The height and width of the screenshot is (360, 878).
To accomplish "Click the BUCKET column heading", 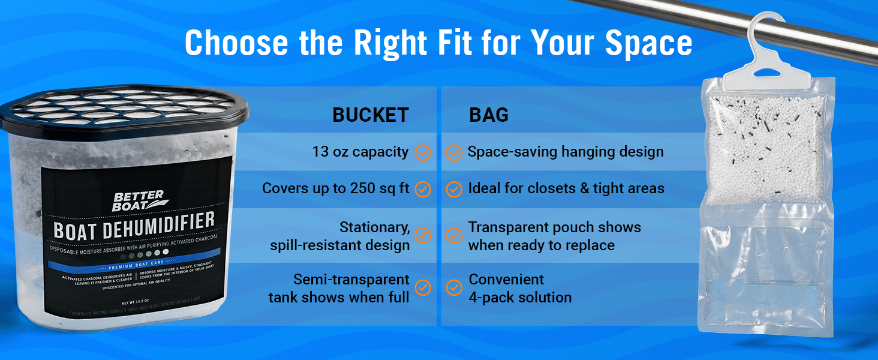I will [x=370, y=115].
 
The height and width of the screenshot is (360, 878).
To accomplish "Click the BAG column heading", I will [x=488, y=115].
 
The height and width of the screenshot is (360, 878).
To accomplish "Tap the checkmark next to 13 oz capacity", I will [x=423, y=152].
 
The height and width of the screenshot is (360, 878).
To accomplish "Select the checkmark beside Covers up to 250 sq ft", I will [x=423, y=189].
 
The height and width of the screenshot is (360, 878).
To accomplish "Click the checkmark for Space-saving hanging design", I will [x=454, y=152].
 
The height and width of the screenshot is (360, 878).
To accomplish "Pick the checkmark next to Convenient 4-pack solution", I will [x=454, y=288].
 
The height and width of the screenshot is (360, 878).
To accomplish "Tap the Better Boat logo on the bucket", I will [x=139, y=200].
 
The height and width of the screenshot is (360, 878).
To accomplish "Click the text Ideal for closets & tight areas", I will [x=566, y=188].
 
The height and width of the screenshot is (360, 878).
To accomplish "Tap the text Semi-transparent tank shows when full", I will [x=339, y=288].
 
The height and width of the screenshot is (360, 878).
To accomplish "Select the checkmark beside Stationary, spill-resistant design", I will [x=423, y=235].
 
